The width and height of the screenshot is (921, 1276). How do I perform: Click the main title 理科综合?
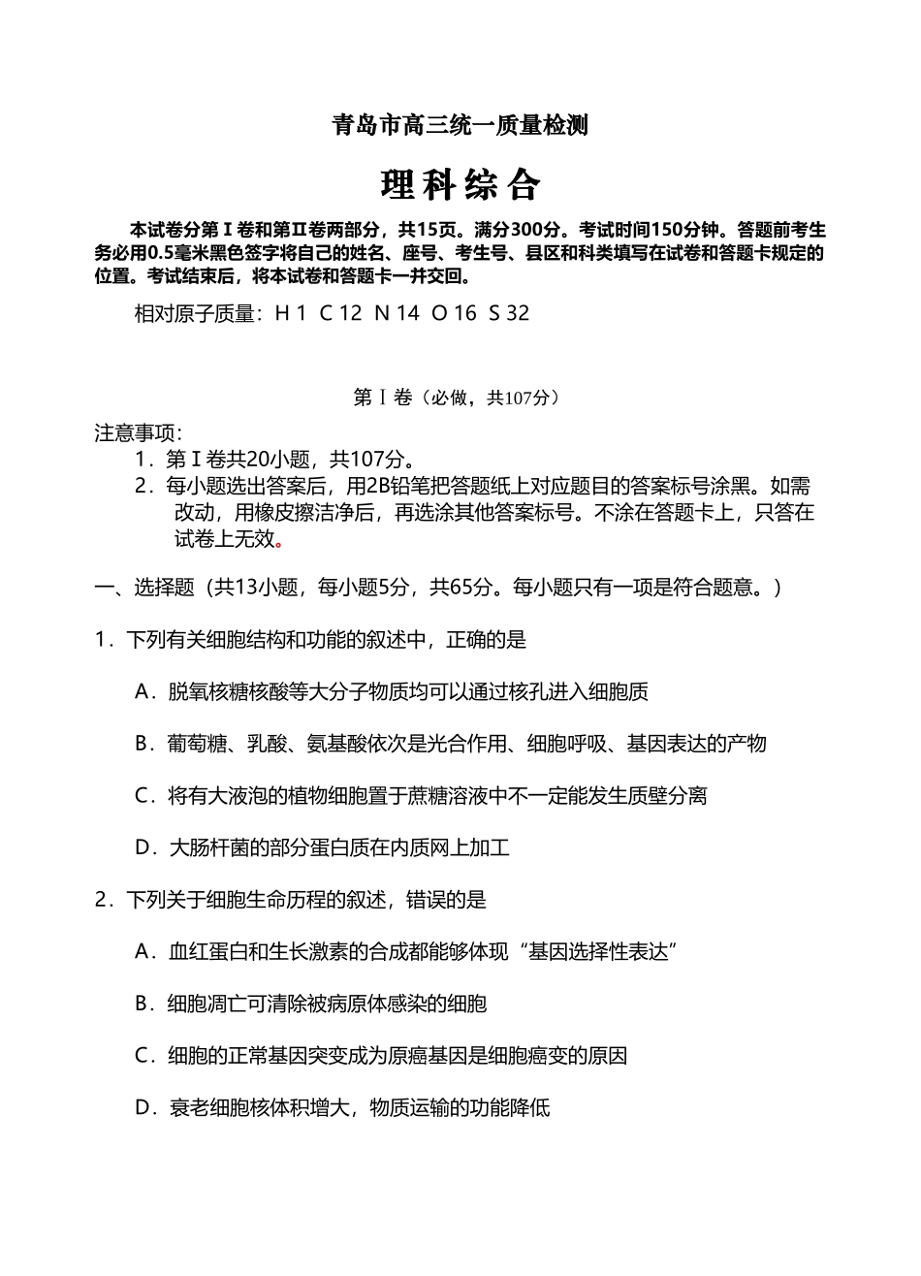460,184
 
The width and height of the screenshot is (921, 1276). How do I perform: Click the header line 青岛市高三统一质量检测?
460,125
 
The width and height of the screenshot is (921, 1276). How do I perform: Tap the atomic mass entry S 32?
510,313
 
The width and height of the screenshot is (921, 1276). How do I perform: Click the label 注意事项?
137,432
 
